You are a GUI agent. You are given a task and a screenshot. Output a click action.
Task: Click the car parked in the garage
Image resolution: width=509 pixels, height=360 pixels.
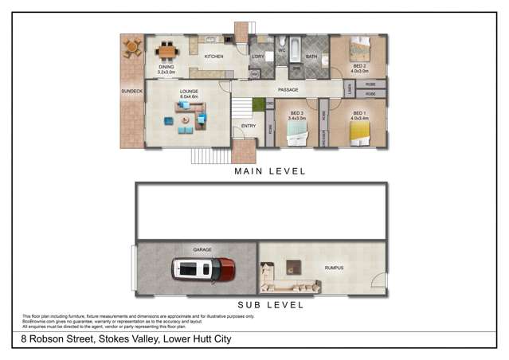pos(204,268)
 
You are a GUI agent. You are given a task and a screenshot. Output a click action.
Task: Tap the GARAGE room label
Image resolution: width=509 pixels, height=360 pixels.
pos(202,249)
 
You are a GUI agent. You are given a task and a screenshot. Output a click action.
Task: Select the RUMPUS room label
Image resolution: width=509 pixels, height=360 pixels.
pos(334,268)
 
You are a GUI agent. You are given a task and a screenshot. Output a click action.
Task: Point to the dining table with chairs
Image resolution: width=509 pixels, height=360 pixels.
pos(166,52)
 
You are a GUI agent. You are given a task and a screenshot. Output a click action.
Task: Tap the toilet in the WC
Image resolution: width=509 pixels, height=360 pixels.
pos(282,41)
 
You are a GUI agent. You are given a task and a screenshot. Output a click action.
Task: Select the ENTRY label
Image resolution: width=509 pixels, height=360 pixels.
pos(248,126)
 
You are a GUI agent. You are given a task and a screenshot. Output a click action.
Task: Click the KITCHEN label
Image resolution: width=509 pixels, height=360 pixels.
pos(214,57)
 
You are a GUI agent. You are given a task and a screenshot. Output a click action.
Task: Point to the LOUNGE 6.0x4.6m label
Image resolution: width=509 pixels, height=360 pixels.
pos(188,93)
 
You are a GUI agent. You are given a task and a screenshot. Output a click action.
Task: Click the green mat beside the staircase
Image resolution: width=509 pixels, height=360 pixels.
pos(258,104)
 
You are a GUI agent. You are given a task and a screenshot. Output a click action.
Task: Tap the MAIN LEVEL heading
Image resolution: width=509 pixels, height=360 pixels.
pos(268,171)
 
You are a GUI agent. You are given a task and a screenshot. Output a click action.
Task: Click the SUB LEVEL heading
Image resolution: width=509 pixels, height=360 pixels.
pos(268,304)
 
